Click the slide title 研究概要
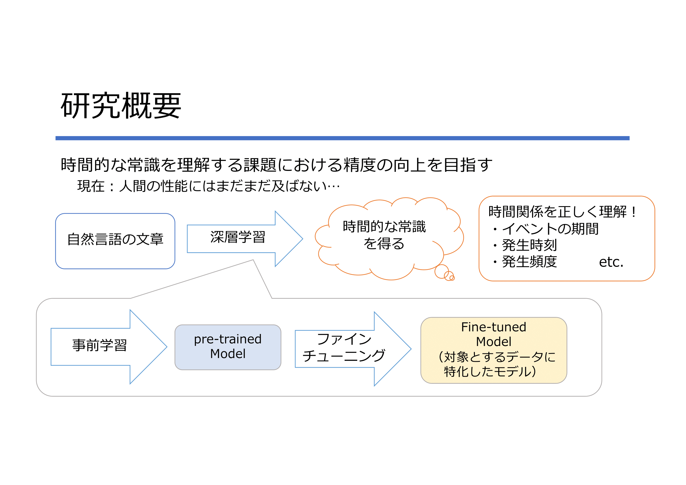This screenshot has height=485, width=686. (121, 106)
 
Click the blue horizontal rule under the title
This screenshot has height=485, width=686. (342, 138)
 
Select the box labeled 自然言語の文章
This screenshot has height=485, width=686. (115, 241)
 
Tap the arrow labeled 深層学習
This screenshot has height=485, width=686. (245, 239)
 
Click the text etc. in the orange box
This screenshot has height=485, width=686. (611, 262)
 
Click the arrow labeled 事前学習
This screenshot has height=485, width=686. (109, 347)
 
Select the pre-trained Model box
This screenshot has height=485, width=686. (228, 347)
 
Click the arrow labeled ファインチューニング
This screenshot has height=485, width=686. (353, 349)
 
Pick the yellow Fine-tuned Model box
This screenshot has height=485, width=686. (494, 350)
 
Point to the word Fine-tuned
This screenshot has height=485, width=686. (494, 327)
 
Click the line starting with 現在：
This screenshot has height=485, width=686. (209, 186)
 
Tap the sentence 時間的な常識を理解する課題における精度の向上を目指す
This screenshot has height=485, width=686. (276, 165)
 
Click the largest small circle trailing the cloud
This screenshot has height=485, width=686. (442, 272)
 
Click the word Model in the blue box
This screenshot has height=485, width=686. (228, 354)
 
